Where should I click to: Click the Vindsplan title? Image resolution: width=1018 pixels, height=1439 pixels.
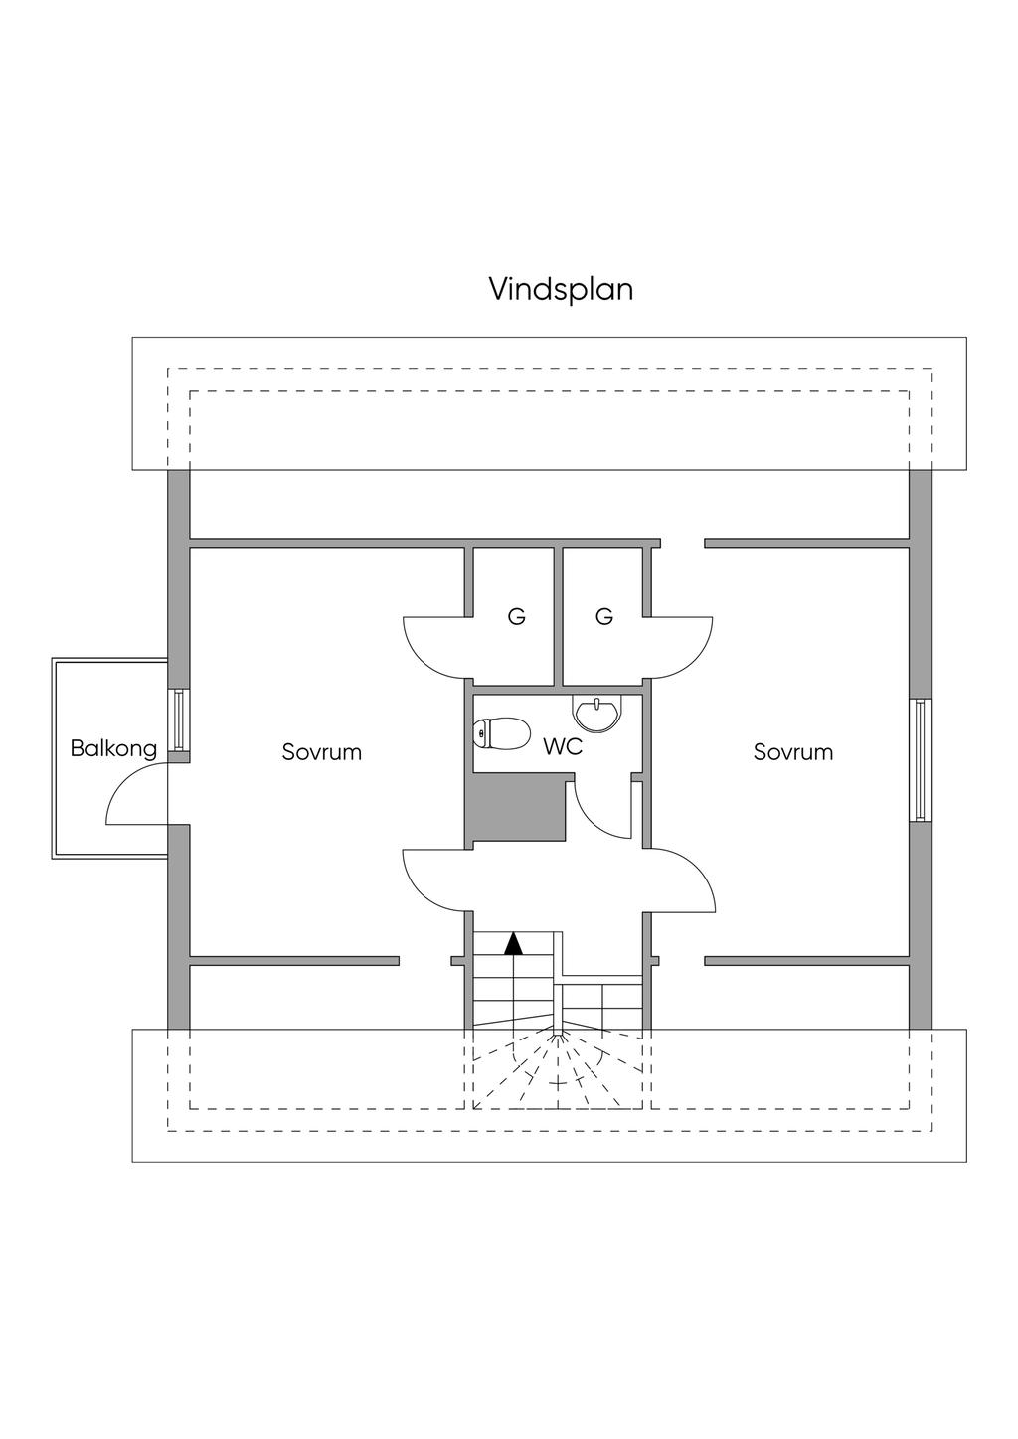[x=561, y=289]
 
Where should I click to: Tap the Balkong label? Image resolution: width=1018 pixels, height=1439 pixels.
[x=113, y=748]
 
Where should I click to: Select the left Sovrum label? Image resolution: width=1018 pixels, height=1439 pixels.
[x=321, y=752]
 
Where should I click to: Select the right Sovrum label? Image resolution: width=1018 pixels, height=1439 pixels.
[x=792, y=752]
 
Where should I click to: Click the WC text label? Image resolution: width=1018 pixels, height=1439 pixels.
[x=562, y=747]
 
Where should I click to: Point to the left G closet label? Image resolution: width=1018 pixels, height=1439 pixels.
[x=516, y=617]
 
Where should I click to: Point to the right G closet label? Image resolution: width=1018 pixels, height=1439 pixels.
[x=604, y=617]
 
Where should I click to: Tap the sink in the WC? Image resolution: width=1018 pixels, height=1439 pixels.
[x=596, y=711]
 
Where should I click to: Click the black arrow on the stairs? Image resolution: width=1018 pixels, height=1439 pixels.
[x=513, y=943]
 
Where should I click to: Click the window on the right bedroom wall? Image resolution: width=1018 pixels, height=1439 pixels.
[x=922, y=759]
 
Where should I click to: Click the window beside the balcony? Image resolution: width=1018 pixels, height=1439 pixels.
[x=179, y=719]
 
